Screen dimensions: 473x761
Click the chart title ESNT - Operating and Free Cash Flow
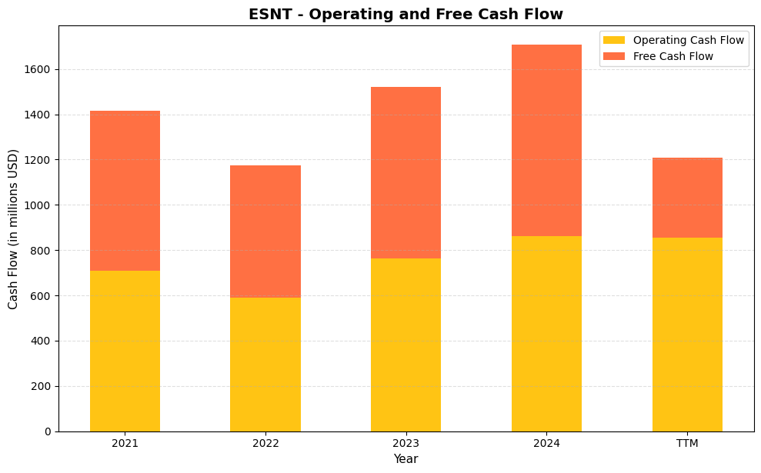pos(406,14)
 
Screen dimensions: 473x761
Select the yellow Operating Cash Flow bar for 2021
pos(125,351)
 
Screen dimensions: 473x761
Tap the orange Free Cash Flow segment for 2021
pos(125,191)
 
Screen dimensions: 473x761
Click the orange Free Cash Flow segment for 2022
pos(265,232)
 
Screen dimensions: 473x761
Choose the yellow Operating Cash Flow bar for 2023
pos(406,345)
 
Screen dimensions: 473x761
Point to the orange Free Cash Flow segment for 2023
pos(406,172)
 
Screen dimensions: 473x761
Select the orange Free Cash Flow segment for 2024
pos(546,140)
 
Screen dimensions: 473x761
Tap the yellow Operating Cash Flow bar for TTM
pos(687,335)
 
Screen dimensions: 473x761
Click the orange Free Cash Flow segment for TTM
pos(687,198)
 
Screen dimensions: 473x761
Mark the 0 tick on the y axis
pos(48,431)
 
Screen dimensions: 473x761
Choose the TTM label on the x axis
pos(687,443)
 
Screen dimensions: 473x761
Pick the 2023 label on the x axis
pos(406,443)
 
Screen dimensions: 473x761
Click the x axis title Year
pos(406,459)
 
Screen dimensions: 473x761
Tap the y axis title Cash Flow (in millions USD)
pos(13,228)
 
